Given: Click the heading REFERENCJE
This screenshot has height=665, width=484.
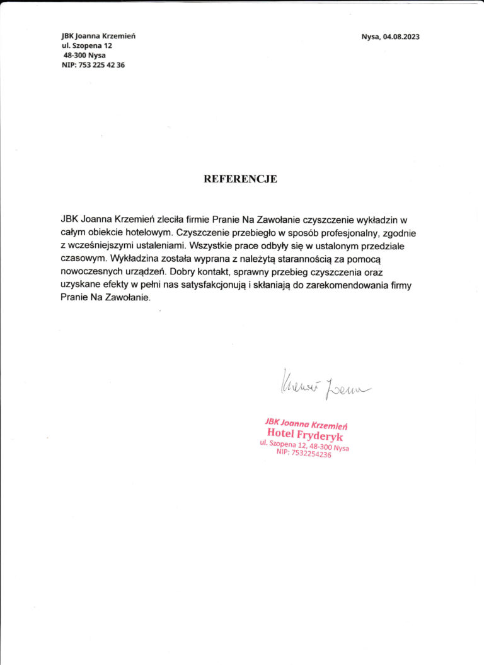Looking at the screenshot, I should point(240,179).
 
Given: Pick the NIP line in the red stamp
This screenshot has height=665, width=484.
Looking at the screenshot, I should point(303,453).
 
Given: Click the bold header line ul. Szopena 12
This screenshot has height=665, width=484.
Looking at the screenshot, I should point(86,45).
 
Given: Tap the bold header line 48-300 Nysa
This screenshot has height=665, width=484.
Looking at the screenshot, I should point(89,55).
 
